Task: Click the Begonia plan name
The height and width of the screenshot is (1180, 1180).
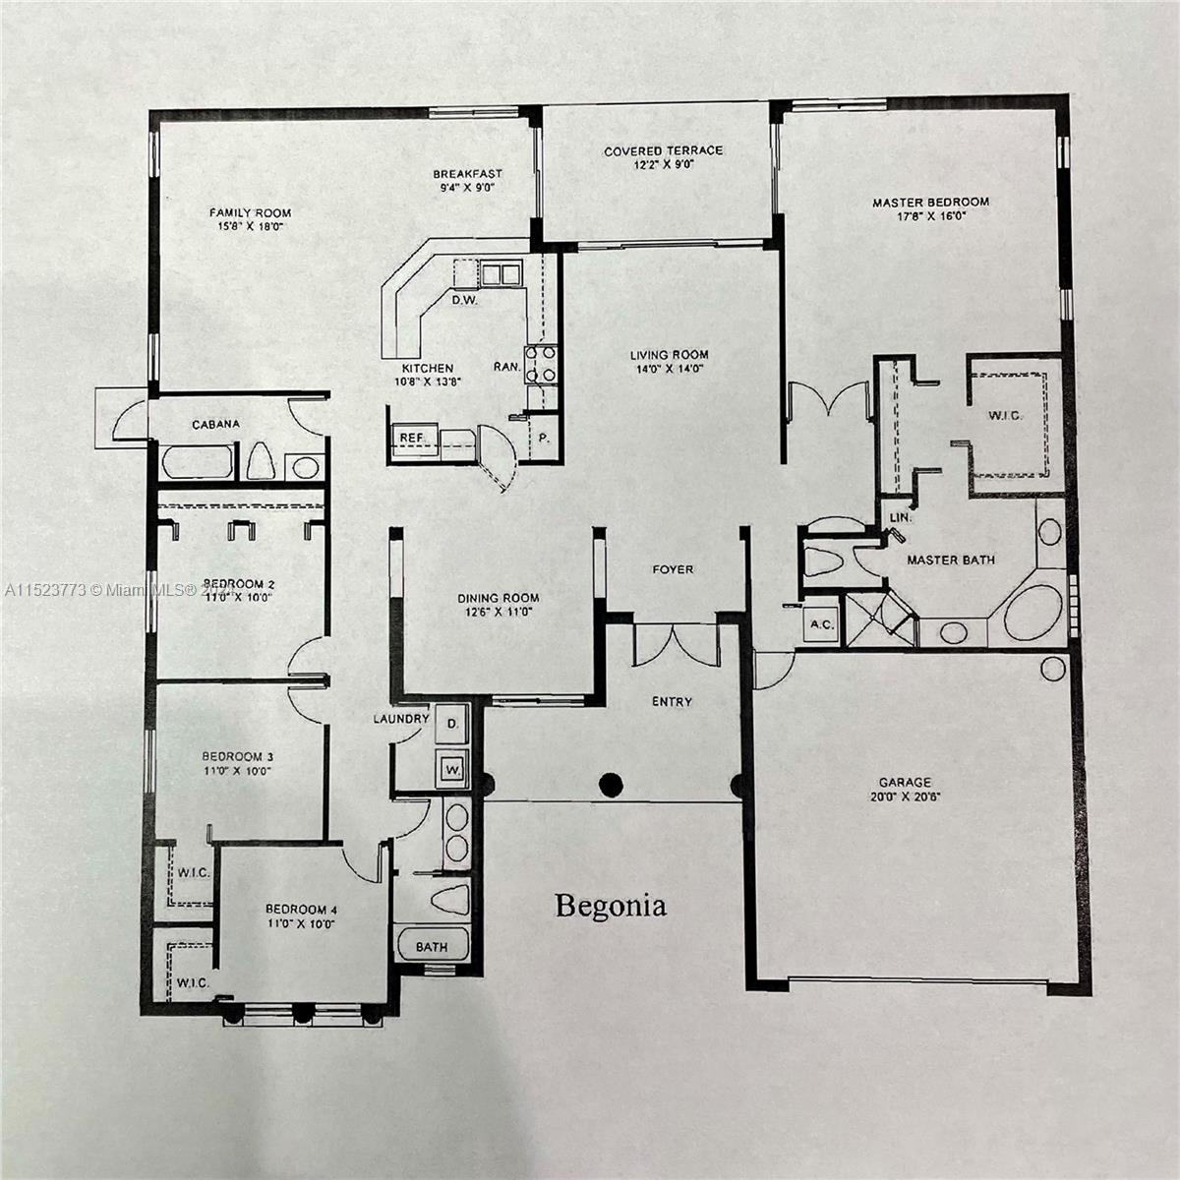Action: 611,907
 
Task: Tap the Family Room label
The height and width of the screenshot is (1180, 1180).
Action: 250,213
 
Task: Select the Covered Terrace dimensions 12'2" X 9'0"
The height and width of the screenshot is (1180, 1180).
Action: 663,165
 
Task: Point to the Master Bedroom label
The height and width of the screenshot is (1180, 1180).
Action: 931,203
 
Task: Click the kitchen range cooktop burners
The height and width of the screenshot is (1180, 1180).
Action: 541,365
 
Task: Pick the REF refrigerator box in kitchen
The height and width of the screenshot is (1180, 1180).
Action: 413,440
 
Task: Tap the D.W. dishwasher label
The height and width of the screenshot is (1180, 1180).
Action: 464,300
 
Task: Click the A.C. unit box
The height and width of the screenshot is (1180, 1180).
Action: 820,624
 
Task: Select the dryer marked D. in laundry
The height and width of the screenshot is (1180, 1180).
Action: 452,724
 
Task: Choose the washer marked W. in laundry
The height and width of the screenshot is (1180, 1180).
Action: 452,769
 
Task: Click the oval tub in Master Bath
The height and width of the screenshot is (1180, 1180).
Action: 1033,613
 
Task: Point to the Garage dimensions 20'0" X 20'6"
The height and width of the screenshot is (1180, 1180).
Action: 905,797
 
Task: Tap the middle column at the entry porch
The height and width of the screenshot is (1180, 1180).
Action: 611,785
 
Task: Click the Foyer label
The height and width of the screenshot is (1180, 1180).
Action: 673,569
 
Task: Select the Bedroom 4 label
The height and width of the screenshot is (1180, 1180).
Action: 301,910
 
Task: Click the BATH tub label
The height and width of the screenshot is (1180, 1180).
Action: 432,947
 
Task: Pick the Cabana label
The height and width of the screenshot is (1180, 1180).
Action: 215,425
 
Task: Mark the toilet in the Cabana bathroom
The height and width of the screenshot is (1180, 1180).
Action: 261,460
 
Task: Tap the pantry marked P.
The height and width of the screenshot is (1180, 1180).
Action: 543,438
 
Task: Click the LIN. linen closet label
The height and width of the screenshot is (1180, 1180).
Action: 901,517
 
